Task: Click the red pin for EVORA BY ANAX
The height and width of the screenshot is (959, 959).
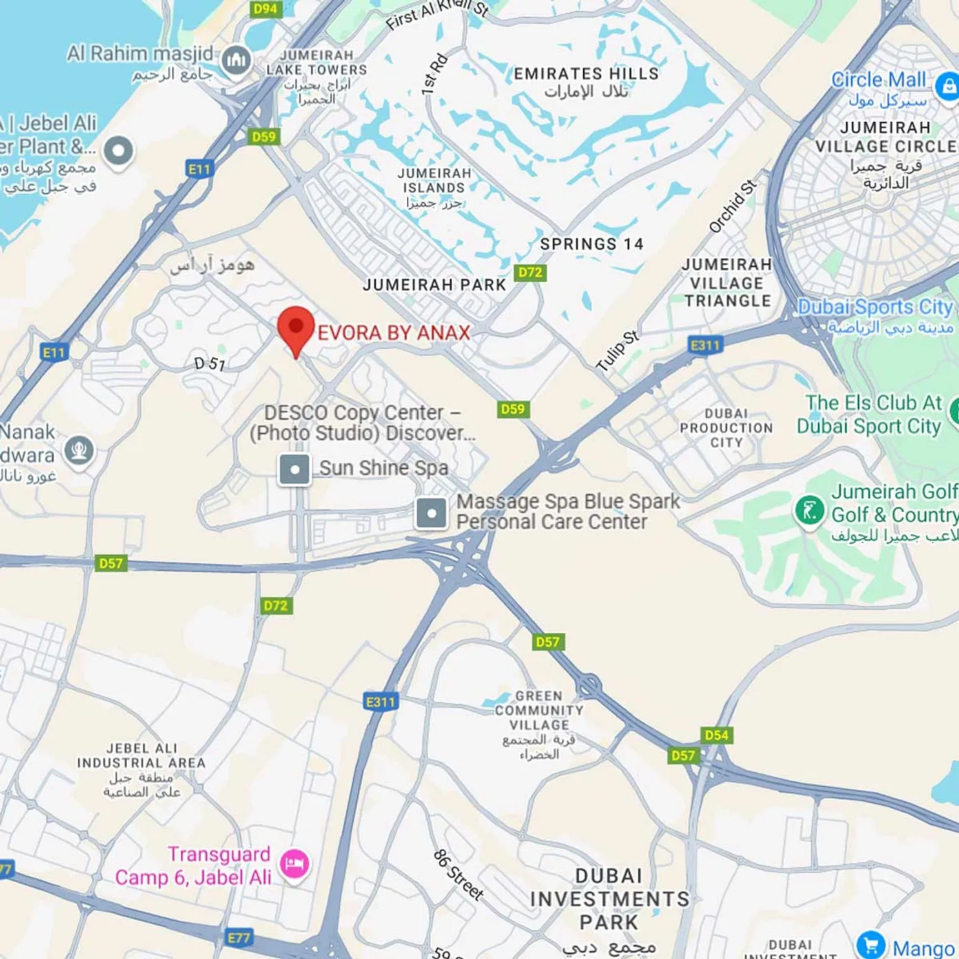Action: coord(296,328)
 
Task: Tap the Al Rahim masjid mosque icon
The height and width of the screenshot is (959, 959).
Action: coord(236,61)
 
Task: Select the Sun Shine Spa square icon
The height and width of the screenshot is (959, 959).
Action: coord(294,470)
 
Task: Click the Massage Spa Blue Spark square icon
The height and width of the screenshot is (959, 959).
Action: coord(432,513)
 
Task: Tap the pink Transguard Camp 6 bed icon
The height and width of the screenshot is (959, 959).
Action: coord(295,863)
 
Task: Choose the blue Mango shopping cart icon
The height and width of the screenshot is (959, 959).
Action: coord(871,945)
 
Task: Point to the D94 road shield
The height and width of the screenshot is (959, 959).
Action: coord(265,9)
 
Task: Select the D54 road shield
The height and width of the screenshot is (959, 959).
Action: coord(716,735)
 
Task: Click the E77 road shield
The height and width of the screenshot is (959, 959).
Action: coord(238,938)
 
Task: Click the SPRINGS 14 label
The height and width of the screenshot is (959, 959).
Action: coord(592,244)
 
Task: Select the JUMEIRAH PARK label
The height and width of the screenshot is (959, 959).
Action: coord(435,285)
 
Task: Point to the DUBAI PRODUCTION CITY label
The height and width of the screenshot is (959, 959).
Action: coord(726,428)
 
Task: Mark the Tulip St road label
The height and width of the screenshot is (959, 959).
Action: coord(617,351)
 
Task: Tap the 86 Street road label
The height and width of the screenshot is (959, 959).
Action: coord(458,875)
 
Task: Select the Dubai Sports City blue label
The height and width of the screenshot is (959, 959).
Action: coord(875,307)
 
